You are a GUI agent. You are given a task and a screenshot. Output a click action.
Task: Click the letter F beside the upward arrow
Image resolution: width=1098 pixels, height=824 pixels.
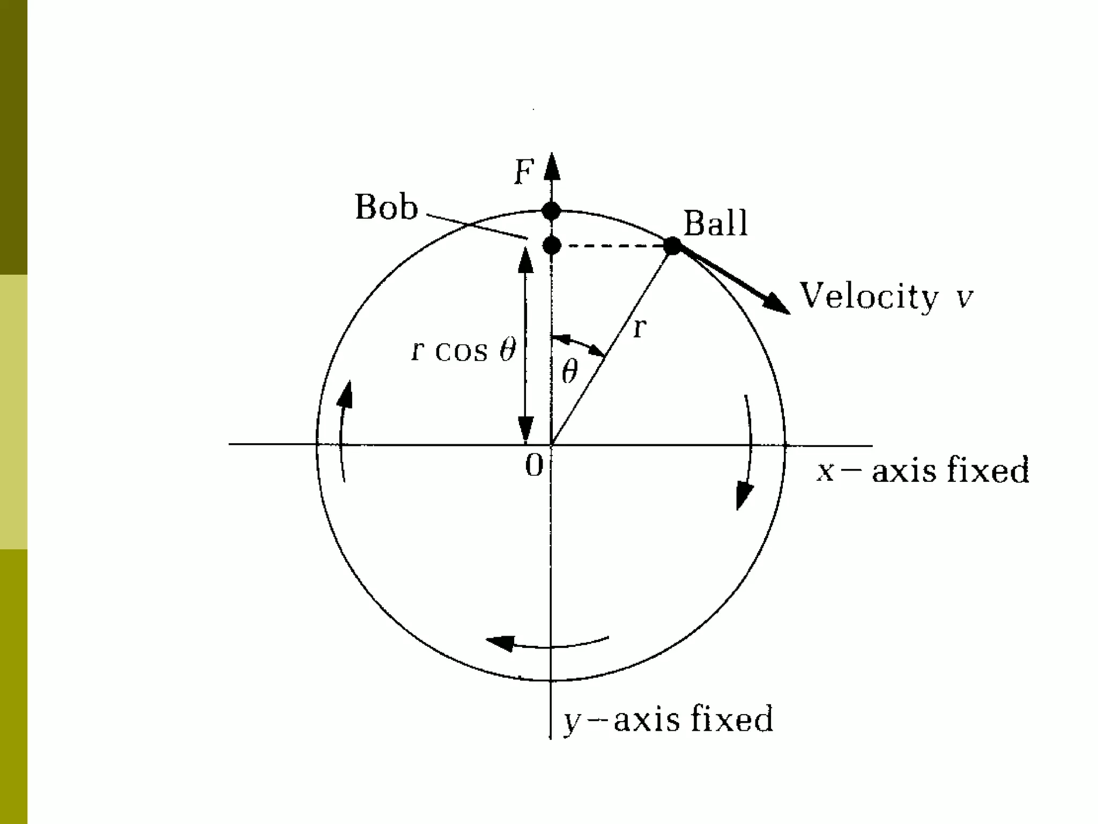tap(524, 173)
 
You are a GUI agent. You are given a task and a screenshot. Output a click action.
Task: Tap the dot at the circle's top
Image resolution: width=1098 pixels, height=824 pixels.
tap(551, 211)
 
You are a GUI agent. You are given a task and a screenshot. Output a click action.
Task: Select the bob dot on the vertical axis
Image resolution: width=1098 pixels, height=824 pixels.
tap(552, 246)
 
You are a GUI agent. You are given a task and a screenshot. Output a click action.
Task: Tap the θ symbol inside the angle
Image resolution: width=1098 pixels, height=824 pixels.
tap(569, 371)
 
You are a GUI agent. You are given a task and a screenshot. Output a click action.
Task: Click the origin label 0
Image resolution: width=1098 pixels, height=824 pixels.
tap(534, 466)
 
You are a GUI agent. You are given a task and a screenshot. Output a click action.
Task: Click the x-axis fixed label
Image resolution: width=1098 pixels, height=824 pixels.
tap(922, 471)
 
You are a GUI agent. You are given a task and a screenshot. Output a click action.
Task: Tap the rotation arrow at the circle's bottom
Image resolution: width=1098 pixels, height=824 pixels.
tap(547, 642)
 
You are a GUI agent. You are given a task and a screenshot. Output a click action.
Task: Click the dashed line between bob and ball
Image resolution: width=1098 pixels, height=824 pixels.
tap(611, 246)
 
